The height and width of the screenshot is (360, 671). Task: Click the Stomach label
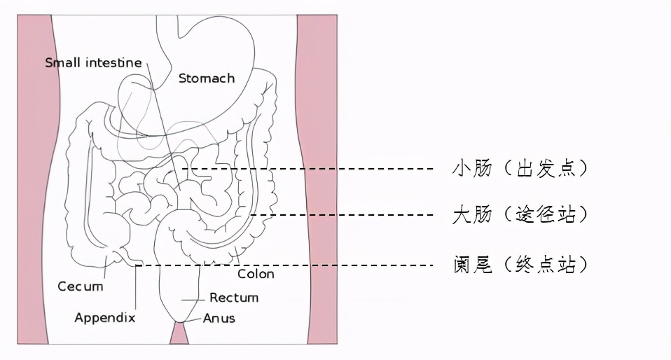point(207,78)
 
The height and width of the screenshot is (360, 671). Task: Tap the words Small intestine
point(93,62)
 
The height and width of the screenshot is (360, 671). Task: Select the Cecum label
point(81,286)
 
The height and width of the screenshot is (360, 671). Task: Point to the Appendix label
point(105,317)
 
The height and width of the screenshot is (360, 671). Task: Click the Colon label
point(256,274)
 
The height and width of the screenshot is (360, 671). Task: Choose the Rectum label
point(234,298)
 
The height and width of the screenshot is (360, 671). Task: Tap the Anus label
point(219,319)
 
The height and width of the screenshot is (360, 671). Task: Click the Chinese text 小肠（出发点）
point(520,168)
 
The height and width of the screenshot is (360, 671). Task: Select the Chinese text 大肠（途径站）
point(520,214)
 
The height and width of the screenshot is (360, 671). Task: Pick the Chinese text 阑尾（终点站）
point(520,265)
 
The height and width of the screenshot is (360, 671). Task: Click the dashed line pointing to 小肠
point(307,169)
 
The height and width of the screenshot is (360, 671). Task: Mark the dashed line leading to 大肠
point(342,215)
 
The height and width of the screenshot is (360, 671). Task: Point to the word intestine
point(114,62)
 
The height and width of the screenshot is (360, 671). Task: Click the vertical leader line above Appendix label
point(136,287)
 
